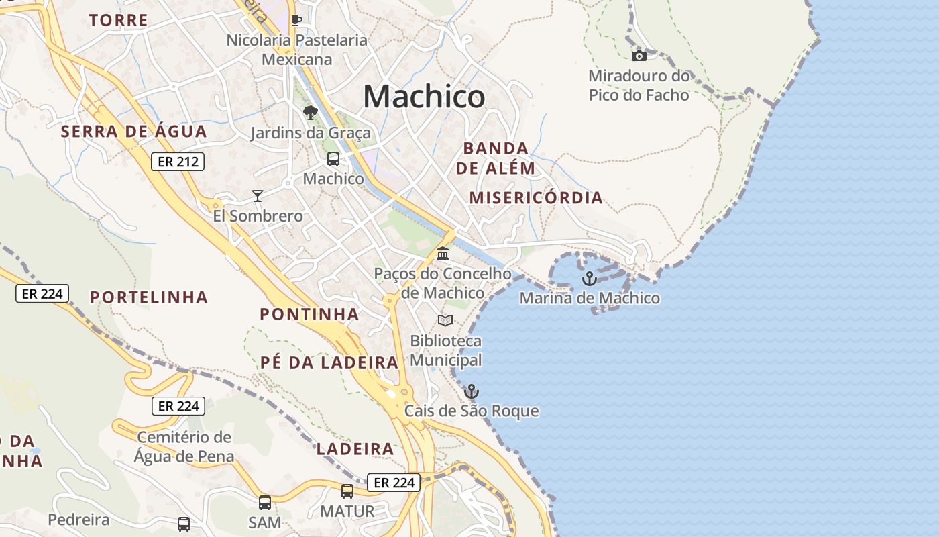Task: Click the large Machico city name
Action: [424, 97]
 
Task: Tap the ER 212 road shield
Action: [177, 161]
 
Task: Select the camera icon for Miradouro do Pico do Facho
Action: [639, 56]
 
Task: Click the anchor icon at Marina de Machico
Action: [590, 278]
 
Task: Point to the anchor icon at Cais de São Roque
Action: [472, 391]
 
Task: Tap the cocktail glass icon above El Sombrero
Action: [258, 195]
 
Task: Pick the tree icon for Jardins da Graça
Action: [310, 112]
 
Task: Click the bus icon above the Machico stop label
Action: [333, 159]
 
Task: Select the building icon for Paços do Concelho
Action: [443, 254]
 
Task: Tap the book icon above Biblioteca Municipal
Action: [445, 320]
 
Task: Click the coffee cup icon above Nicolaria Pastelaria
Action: [296, 20]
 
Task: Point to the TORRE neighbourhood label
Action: [118, 20]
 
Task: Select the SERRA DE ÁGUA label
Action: [134, 132]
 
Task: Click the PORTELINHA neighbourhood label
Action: [149, 297]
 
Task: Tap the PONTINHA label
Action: [309, 313]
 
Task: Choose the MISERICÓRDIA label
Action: [536, 198]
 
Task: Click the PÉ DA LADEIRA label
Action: [329, 362]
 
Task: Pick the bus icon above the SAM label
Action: [265, 502]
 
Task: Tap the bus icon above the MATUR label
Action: [347, 491]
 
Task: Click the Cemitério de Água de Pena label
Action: [184, 447]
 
